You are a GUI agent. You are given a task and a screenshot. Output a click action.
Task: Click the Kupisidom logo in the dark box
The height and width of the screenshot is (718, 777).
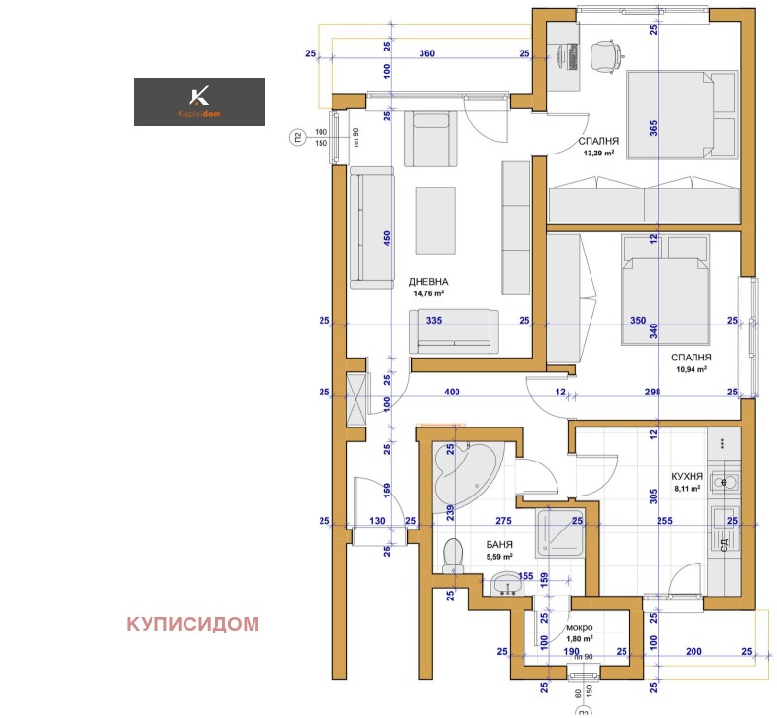point(199,101)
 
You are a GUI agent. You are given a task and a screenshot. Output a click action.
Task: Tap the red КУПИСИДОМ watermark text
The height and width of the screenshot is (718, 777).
point(192,624)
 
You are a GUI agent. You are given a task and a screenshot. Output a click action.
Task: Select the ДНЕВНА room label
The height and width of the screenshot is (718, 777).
point(426,281)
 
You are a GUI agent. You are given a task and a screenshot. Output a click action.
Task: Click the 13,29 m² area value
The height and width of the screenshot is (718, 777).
point(600,154)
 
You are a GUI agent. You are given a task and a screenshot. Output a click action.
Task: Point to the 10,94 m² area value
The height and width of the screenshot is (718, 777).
point(690,370)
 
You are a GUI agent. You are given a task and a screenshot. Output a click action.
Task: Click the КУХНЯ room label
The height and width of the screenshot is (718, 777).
point(686,476)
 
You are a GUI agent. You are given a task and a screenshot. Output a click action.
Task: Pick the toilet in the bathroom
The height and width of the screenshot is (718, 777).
point(452,556)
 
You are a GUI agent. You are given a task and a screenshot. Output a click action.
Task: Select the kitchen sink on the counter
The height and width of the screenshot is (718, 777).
point(724,482)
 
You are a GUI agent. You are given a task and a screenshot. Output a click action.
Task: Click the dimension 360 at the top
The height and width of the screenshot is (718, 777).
point(426,54)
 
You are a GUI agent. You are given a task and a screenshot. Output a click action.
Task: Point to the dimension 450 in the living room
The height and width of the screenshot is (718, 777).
point(388,239)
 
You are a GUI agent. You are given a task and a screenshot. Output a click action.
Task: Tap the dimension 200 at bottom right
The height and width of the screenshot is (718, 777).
point(693,651)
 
